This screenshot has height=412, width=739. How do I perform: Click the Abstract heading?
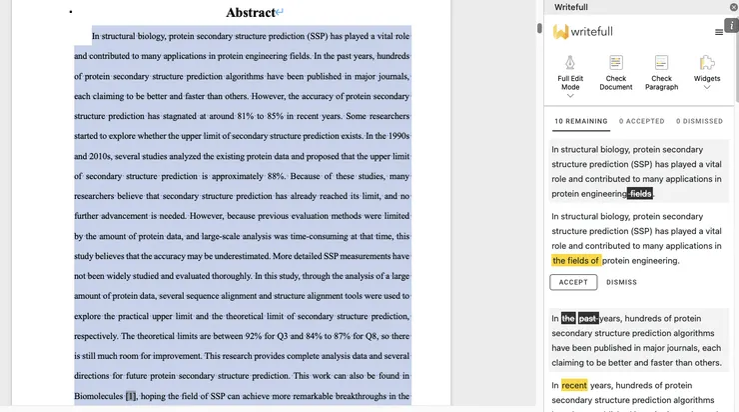tap(251, 12)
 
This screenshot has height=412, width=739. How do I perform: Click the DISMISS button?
tap(621, 282)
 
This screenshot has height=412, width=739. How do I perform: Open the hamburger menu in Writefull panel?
tap(719, 32)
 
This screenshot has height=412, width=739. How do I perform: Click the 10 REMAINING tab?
tap(581, 121)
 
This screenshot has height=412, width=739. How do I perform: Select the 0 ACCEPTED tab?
tap(641, 121)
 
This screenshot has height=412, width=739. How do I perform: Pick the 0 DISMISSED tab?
tap(699, 121)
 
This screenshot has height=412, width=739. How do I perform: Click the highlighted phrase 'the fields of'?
tap(576, 261)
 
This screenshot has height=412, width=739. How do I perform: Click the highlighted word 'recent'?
tap(574, 385)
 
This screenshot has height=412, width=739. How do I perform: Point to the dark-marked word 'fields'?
tap(640, 194)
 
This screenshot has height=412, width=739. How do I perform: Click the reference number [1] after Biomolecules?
tap(130, 396)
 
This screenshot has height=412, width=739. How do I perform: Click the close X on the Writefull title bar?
tap(733, 7)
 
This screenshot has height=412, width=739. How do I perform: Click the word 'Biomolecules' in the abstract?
tap(98, 396)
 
